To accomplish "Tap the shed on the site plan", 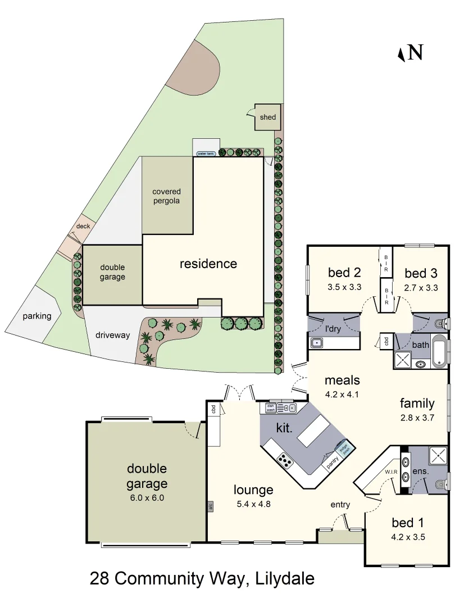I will coord(268,117).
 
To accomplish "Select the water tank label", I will coord(205,153).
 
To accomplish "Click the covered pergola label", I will coord(166,196).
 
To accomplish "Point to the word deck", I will coord(83,227).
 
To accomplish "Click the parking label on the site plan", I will coord(37,316).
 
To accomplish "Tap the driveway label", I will coord(112,335).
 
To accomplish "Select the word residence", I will coord(208,264).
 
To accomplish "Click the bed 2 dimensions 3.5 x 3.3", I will coord(344,287).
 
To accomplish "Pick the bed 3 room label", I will coord(421,274).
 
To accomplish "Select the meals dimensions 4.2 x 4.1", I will coord(342,394).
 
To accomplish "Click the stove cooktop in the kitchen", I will coord(285,462).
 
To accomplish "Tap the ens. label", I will coord(421,472).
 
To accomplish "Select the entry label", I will coord(340,504).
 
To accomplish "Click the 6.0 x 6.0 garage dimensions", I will coord(147,497).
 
